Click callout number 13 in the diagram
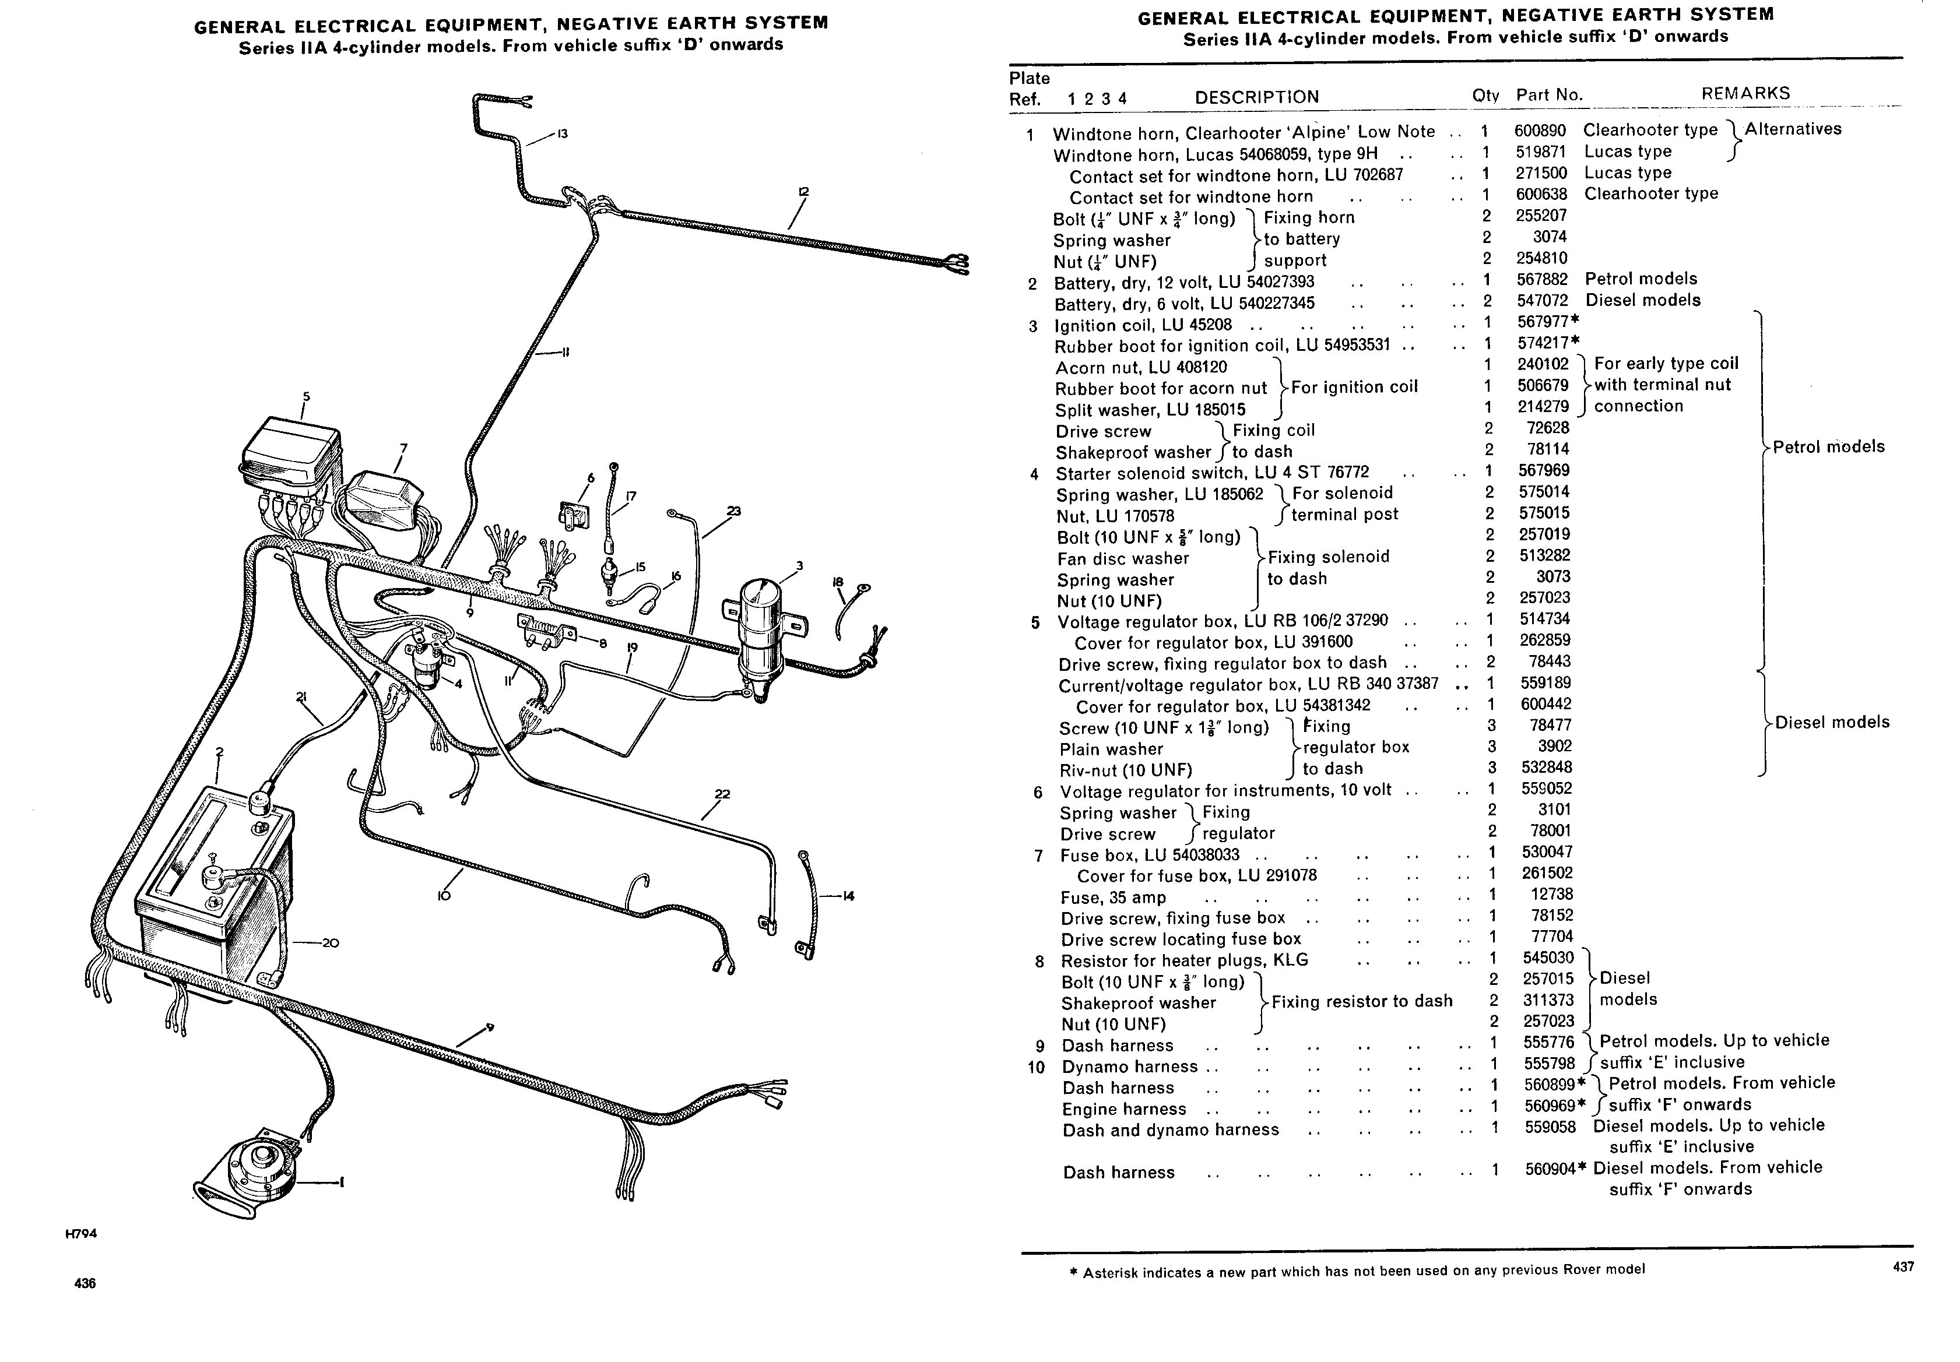coord(562,133)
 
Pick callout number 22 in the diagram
coord(722,794)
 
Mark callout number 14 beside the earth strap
coord(848,896)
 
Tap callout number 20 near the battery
coord(331,943)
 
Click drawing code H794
coord(81,1233)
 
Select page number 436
coord(85,1283)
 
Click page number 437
coord(1903,1267)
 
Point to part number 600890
coord(1540,131)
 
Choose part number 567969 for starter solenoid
coord(1543,470)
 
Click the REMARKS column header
coord(1745,93)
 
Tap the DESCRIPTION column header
coord(1256,97)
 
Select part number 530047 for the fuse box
coord(1547,851)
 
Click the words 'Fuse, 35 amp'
coord(1113,898)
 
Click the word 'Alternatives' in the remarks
coord(1793,130)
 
